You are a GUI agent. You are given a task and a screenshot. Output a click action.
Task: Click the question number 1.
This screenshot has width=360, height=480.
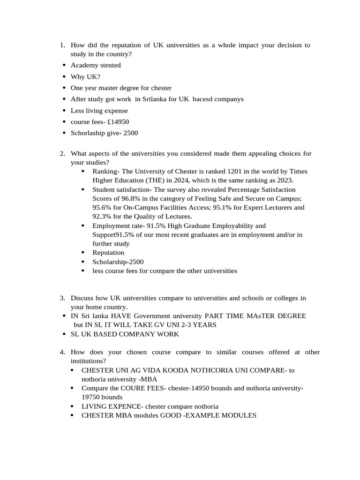pos(62,45)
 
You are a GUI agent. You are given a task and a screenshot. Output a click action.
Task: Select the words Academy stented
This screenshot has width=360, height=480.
pos(95,65)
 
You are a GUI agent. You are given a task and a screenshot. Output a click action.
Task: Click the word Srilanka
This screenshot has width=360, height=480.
pos(156,99)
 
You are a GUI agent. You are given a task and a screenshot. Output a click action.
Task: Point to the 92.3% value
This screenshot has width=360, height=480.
pos(103,217)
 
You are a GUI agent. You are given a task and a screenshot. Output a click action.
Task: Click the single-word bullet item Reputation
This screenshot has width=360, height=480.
pos(108,253)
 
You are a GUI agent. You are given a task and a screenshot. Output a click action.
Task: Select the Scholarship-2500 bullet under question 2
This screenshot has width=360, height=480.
pos(118,262)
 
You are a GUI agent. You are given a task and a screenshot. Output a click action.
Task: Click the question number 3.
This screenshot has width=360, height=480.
pos(62,298)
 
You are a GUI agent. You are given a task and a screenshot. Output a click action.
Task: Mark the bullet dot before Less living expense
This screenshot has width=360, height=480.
pos(64,111)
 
